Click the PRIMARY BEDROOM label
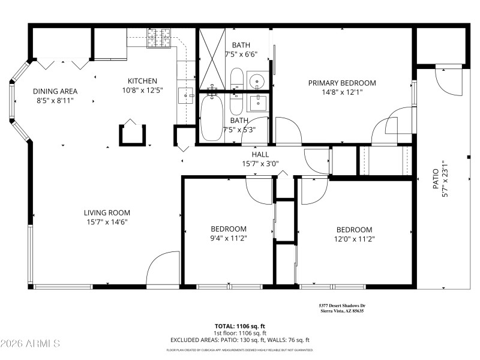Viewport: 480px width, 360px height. coord(342,83)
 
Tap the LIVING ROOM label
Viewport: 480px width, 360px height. coord(107,212)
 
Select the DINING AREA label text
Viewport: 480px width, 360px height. coord(55,91)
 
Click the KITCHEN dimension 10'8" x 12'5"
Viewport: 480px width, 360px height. coord(142,91)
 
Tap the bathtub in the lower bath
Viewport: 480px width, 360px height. coord(211,118)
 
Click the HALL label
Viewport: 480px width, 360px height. coord(260,155)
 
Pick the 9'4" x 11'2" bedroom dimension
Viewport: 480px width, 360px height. coord(228,238)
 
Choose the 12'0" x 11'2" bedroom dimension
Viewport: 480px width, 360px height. coord(354,238)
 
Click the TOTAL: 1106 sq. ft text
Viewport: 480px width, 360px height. coord(239,326)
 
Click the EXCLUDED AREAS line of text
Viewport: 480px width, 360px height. coord(239,340)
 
